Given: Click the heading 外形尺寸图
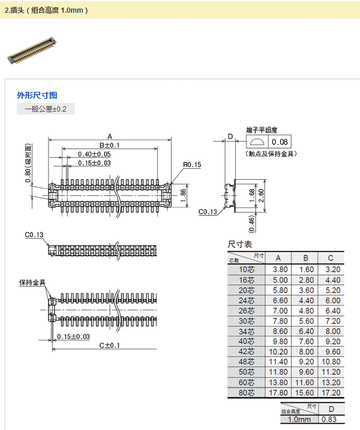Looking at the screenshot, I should [37, 95].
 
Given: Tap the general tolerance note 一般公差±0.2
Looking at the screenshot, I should [46, 109].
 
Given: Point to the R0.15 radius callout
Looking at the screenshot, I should [192, 165].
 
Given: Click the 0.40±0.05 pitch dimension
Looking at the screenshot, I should [94, 154].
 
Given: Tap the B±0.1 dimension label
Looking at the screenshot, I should [109, 145].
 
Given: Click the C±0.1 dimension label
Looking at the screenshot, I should [109, 345].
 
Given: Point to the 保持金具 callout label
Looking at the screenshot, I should [32, 283].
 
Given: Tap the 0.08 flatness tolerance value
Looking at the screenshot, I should [280, 142].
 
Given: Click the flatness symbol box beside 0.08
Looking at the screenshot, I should [258, 142].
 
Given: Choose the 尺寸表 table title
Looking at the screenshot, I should [240, 244].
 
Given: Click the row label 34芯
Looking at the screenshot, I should [246, 331].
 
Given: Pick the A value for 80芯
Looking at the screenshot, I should [280, 393].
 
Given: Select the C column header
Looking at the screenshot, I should [331, 258].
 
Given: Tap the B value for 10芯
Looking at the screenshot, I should [306, 269].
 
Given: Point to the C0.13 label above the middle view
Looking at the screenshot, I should [34, 235].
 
